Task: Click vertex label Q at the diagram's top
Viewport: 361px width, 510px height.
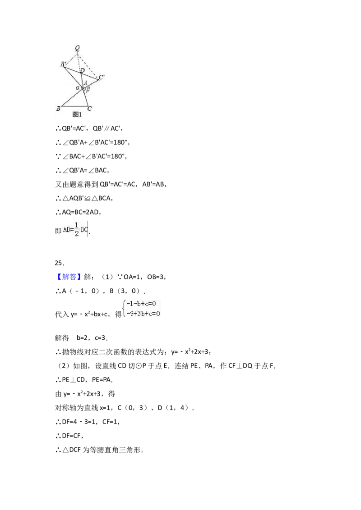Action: click(x=77, y=49)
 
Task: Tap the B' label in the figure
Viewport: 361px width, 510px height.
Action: click(x=64, y=64)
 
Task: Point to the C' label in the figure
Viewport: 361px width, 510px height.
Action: click(x=102, y=77)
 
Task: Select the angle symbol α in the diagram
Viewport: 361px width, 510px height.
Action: click(x=78, y=87)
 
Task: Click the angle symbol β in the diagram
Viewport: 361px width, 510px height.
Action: click(x=88, y=89)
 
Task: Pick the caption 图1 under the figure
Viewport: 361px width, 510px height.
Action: click(x=77, y=114)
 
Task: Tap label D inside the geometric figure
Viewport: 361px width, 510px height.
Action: click(x=83, y=70)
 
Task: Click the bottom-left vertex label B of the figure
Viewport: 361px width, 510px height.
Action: click(x=58, y=108)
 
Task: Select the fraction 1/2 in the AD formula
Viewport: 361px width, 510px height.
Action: click(x=77, y=230)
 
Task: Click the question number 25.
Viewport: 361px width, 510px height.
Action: click(x=60, y=263)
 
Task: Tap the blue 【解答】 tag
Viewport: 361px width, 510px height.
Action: click(x=67, y=277)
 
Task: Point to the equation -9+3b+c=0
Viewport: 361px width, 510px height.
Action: click(x=143, y=314)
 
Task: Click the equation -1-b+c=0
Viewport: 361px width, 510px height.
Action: click(x=141, y=304)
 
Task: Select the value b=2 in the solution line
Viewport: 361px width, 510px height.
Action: click(x=82, y=338)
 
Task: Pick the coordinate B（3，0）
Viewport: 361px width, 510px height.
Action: click(x=125, y=291)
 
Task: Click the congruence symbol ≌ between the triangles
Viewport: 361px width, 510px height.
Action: click(x=88, y=198)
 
